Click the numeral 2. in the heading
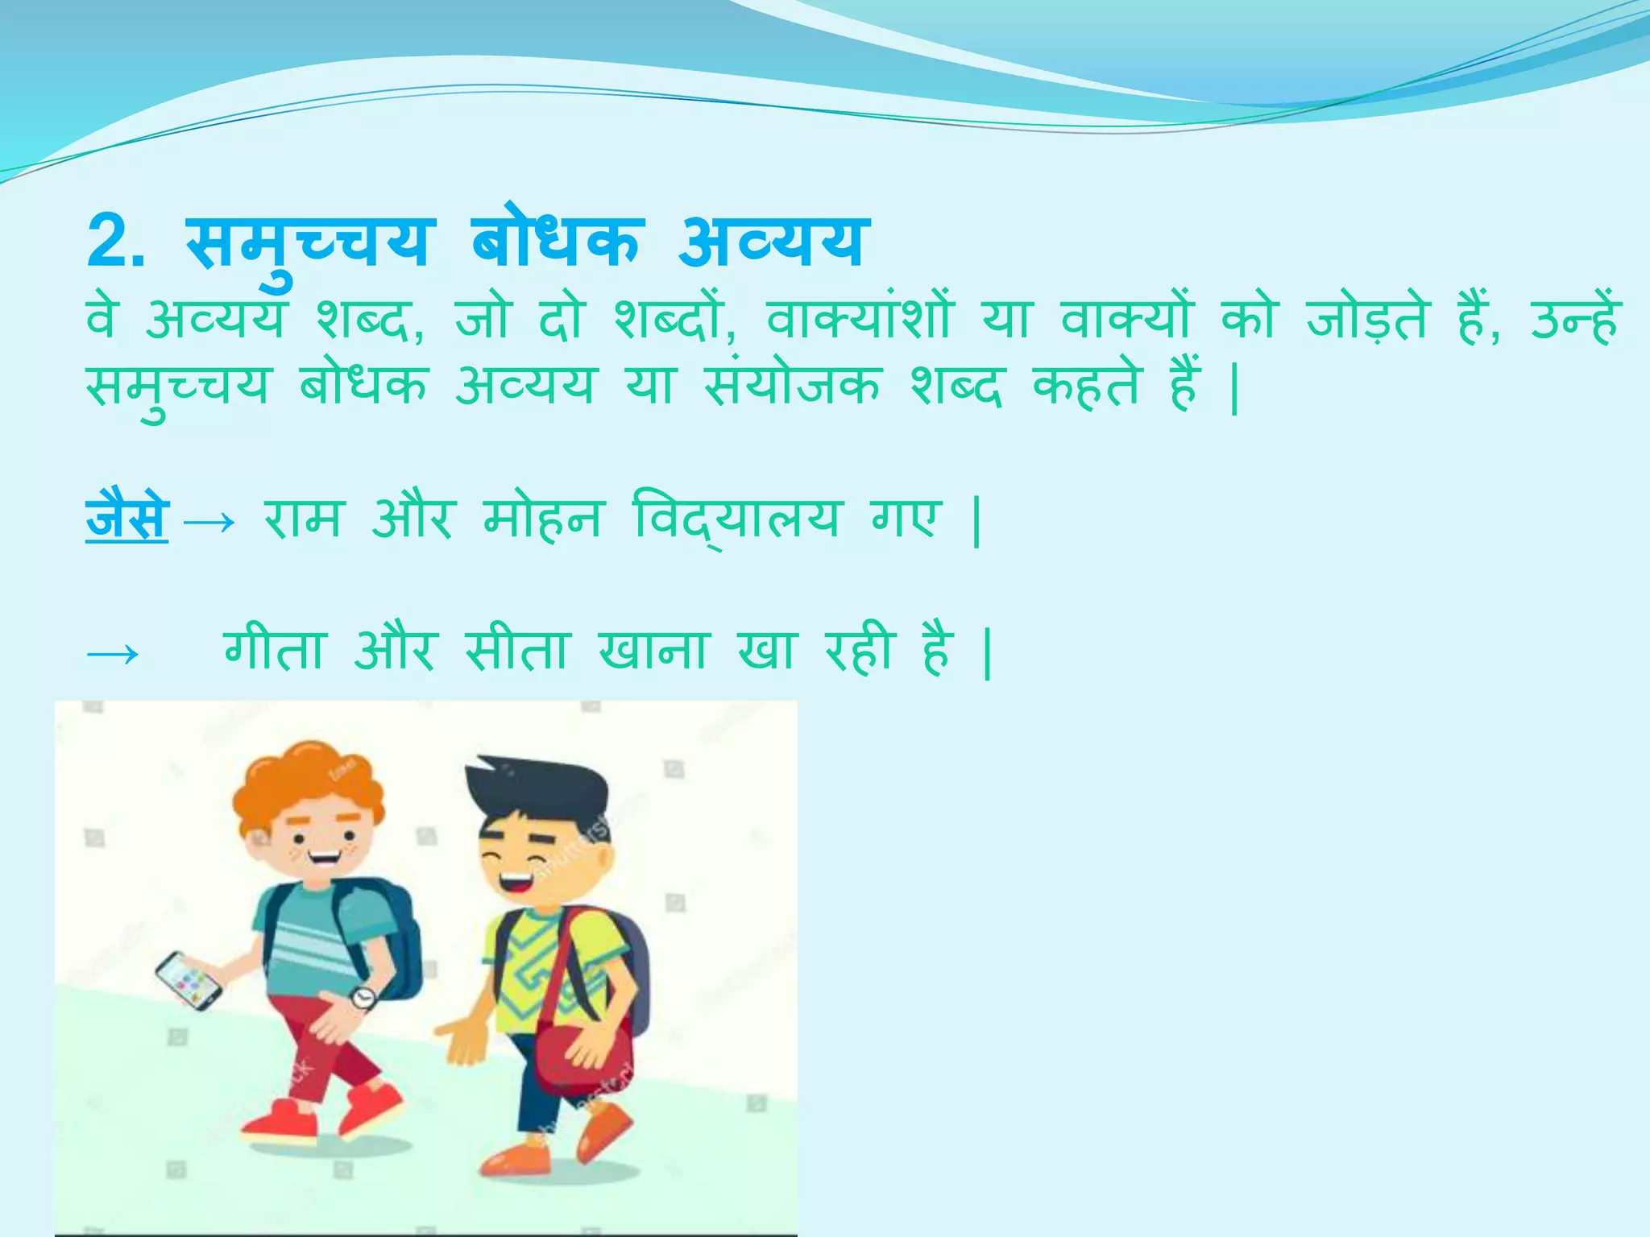[x=116, y=242]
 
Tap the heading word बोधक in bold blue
[x=556, y=240]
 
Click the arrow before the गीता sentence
[x=113, y=653]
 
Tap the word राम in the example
[x=303, y=518]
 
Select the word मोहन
[x=542, y=518]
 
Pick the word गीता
[x=275, y=648]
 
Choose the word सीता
[x=517, y=648]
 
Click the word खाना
[x=653, y=648]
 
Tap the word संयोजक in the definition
[x=792, y=386]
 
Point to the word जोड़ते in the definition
[x=1367, y=319]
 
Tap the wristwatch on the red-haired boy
[x=363, y=998]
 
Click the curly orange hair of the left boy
[x=306, y=781]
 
